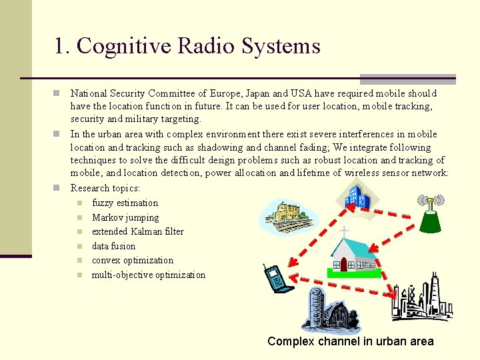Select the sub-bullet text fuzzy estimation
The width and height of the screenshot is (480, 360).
tap(125, 203)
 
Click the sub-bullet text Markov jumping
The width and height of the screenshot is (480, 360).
tap(125, 217)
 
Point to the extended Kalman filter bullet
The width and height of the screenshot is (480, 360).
tap(137, 231)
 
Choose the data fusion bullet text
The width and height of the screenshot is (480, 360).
tap(113, 246)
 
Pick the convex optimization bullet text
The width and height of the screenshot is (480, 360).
tap(132, 260)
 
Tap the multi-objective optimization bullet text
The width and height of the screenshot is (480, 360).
tap(148, 275)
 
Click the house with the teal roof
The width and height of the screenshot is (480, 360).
tap(355, 253)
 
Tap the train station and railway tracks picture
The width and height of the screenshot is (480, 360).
tap(288, 217)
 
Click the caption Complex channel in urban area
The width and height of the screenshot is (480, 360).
tap(350, 341)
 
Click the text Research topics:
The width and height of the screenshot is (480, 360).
tap(105, 188)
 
